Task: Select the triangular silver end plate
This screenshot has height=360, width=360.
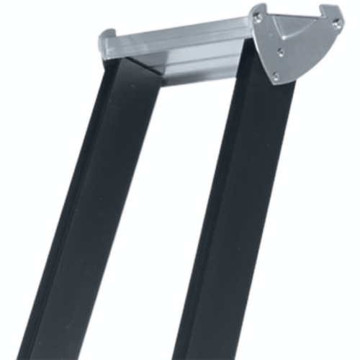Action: pyautogui.click(x=295, y=43)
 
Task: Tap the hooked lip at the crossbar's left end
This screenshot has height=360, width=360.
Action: pyautogui.click(x=107, y=35)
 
